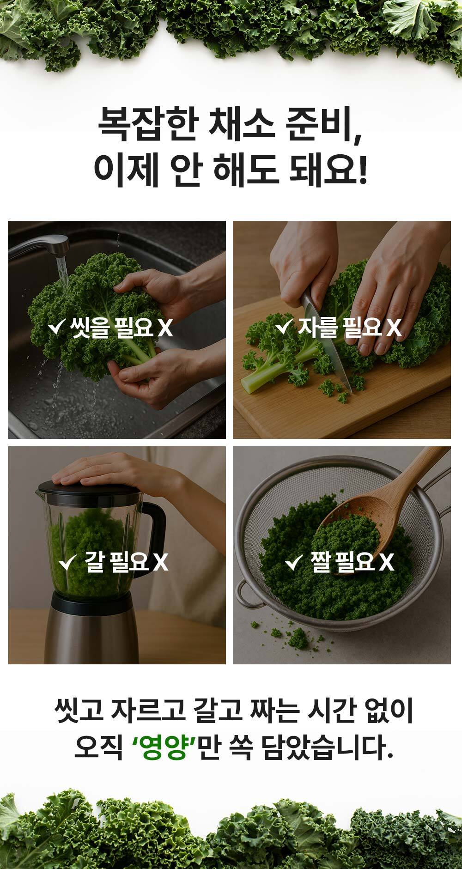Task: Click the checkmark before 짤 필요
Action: point(294,563)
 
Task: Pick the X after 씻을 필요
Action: point(165,328)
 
